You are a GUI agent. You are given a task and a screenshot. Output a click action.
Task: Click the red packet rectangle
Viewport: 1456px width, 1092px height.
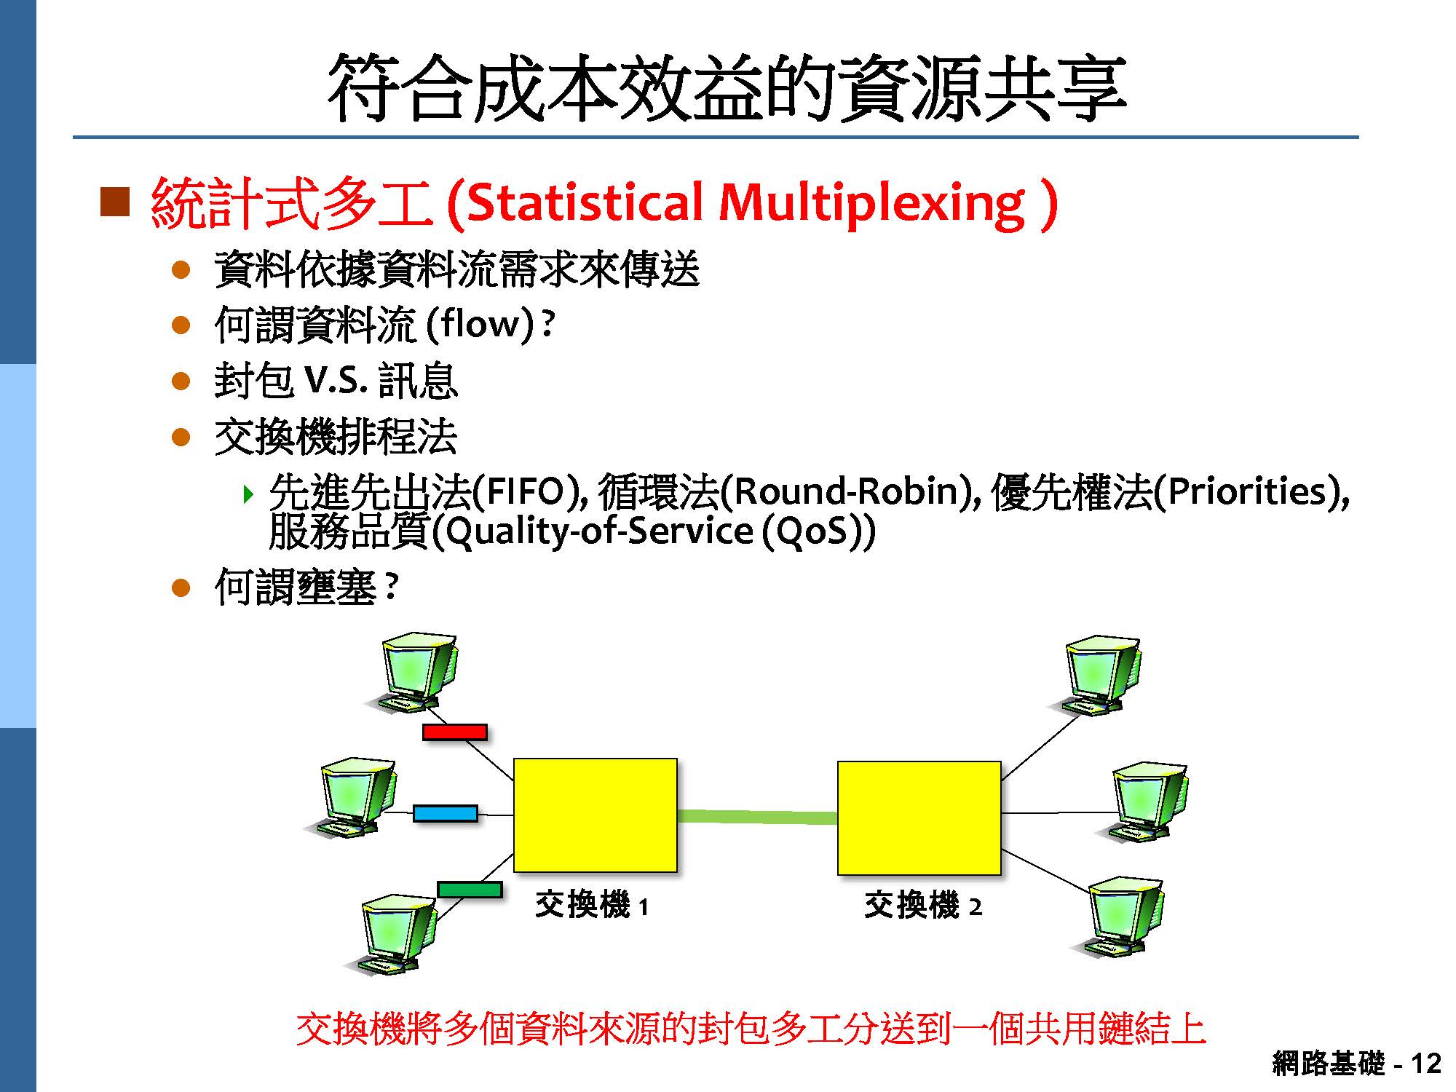[454, 732]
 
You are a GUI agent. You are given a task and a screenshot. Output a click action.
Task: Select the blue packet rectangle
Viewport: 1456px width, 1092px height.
[445, 813]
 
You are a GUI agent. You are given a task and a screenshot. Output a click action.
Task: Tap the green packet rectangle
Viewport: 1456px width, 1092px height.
[470, 889]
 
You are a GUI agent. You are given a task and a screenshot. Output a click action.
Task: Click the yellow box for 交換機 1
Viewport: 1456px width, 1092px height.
[595, 815]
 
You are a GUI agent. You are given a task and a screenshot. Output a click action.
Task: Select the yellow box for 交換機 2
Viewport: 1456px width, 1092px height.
[919, 818]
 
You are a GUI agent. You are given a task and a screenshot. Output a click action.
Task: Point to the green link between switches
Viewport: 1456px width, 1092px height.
[757, 817]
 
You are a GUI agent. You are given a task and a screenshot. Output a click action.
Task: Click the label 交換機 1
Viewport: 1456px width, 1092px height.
[591, 906]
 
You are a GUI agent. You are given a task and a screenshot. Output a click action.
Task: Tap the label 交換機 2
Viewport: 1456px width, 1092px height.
[922, 906]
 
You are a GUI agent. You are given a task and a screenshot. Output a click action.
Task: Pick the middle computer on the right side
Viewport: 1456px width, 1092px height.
[1148, 801]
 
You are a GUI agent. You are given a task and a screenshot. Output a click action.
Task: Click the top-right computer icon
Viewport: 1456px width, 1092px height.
[1099, 676]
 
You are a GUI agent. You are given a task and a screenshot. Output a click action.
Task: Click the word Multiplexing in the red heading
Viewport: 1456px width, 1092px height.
[871, 204]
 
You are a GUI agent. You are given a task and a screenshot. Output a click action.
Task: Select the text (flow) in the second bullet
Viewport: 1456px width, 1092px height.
[480, 324]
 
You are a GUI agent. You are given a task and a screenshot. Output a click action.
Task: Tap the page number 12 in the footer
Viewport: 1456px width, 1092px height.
[1425, 1064]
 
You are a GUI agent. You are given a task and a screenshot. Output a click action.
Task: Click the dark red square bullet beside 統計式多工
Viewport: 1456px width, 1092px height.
[114, 202]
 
